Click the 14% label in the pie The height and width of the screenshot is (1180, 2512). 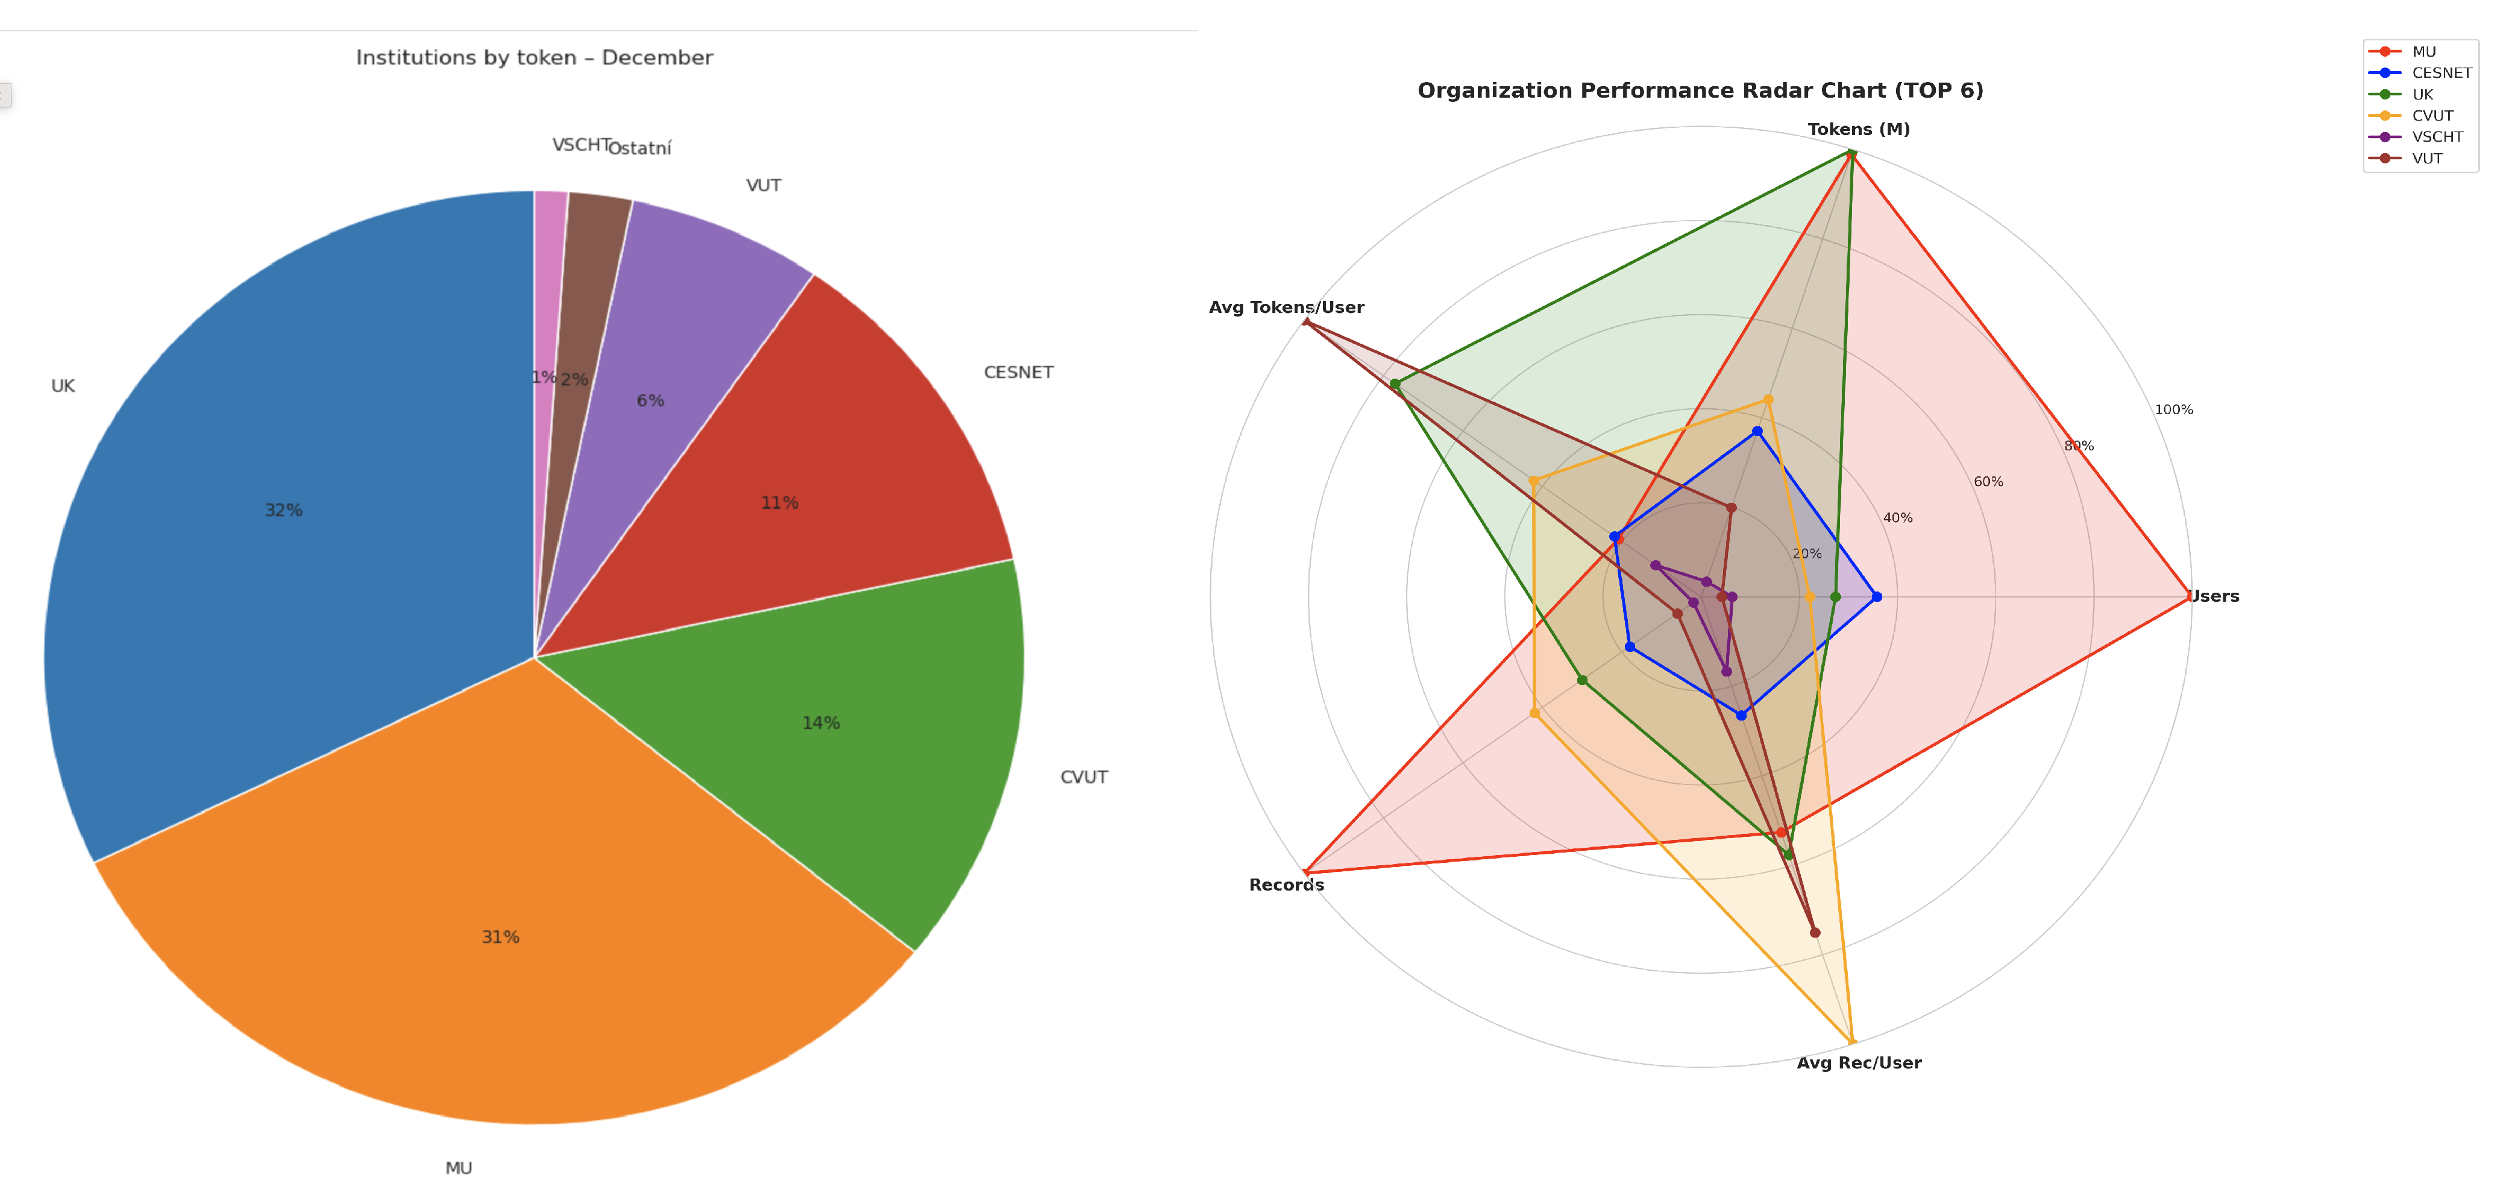820,722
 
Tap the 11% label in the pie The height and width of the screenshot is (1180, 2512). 779,502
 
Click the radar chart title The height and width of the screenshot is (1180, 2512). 1700,90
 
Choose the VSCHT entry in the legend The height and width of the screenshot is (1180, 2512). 2436,136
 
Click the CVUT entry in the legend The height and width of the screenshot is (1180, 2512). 2432,115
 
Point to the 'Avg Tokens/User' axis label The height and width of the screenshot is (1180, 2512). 1286,307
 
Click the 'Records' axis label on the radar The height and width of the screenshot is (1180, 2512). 1286,885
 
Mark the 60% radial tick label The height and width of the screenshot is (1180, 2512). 1988,482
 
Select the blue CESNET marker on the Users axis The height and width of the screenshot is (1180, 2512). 1876,597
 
